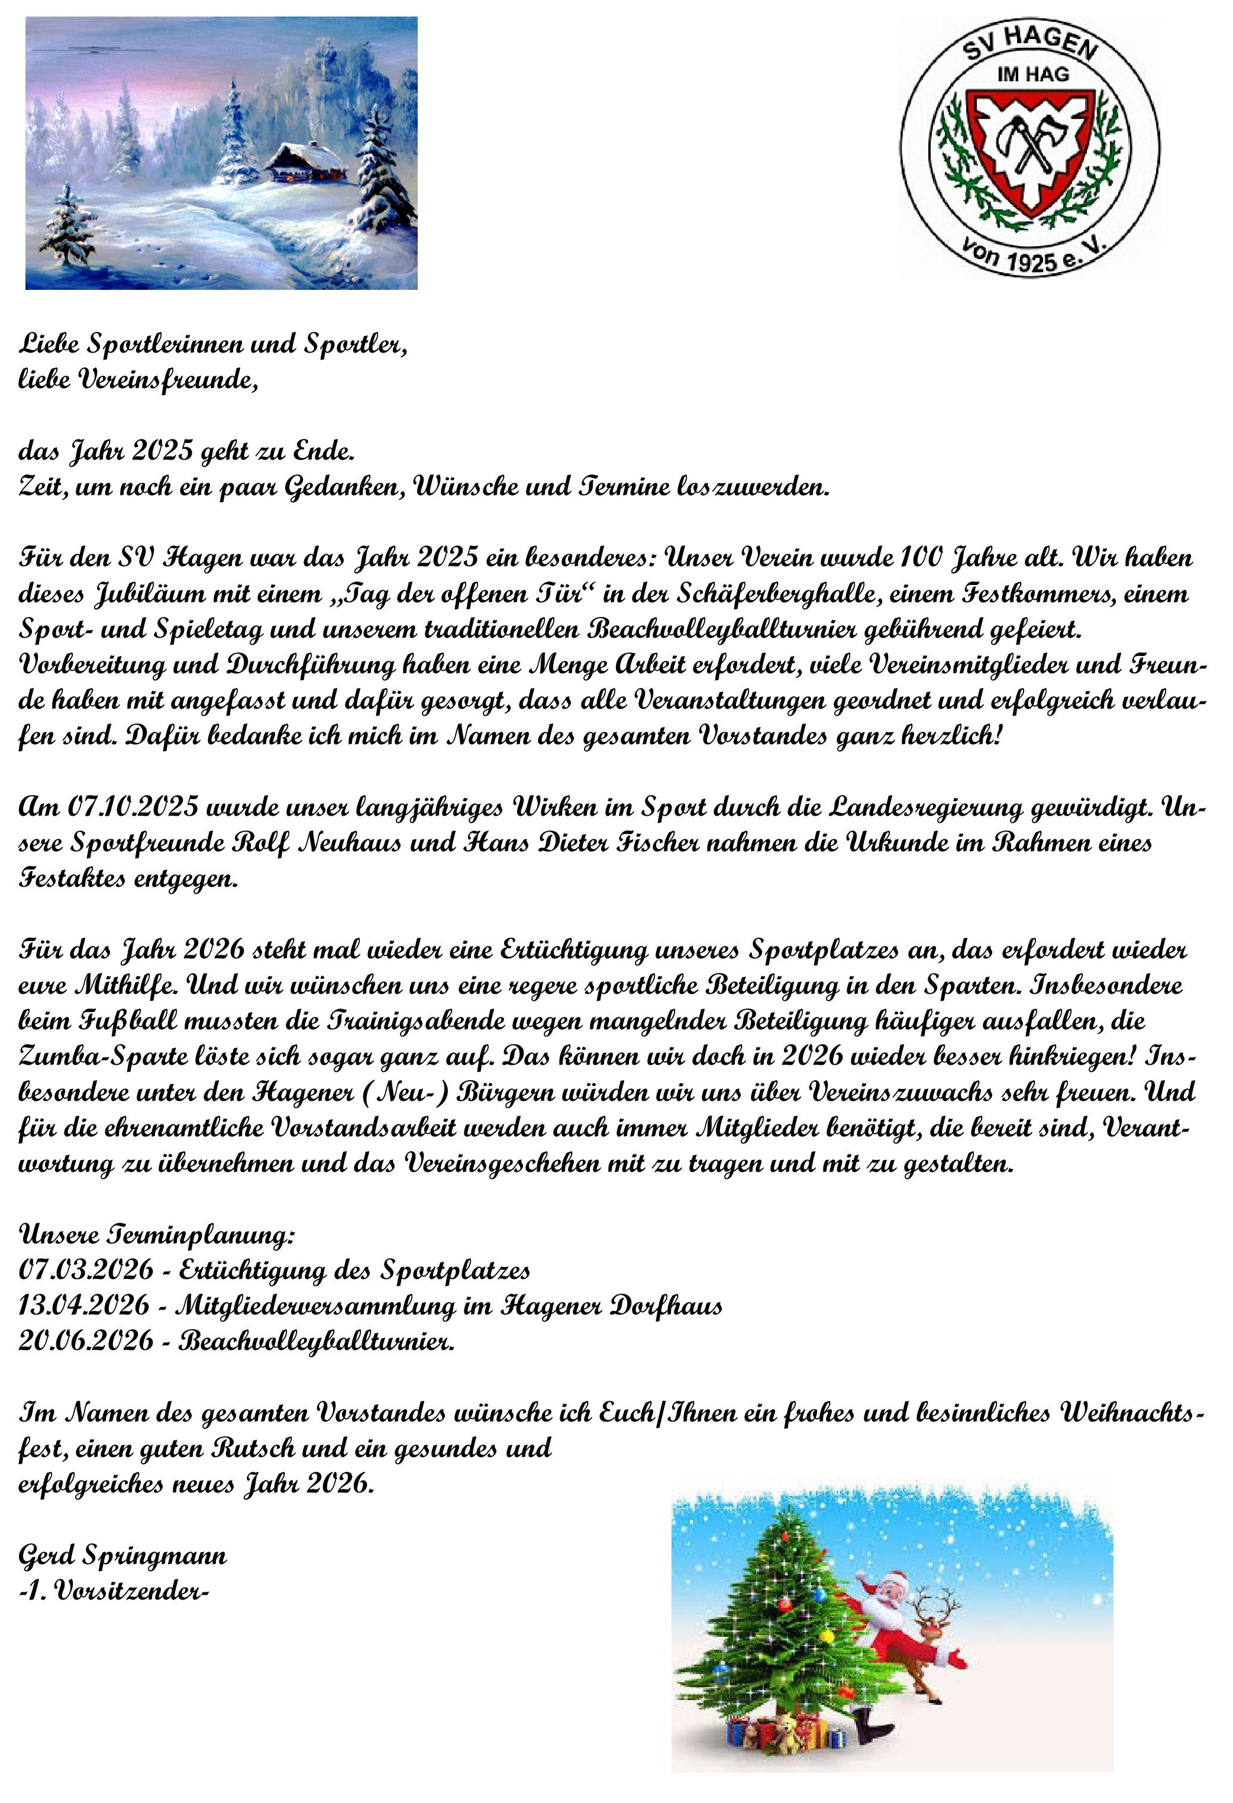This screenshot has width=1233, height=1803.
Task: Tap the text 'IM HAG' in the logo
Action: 1031,75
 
